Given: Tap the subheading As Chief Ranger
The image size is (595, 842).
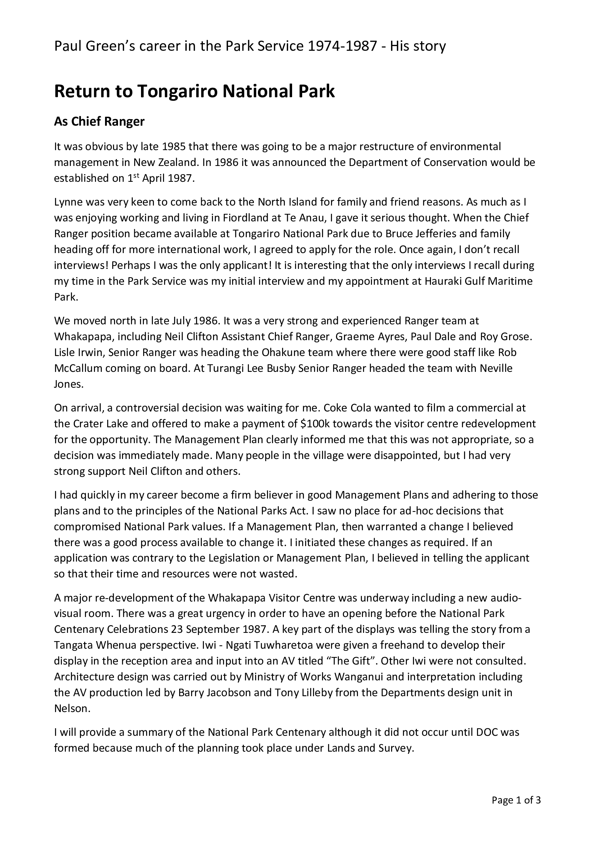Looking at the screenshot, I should (x=99, y=121).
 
